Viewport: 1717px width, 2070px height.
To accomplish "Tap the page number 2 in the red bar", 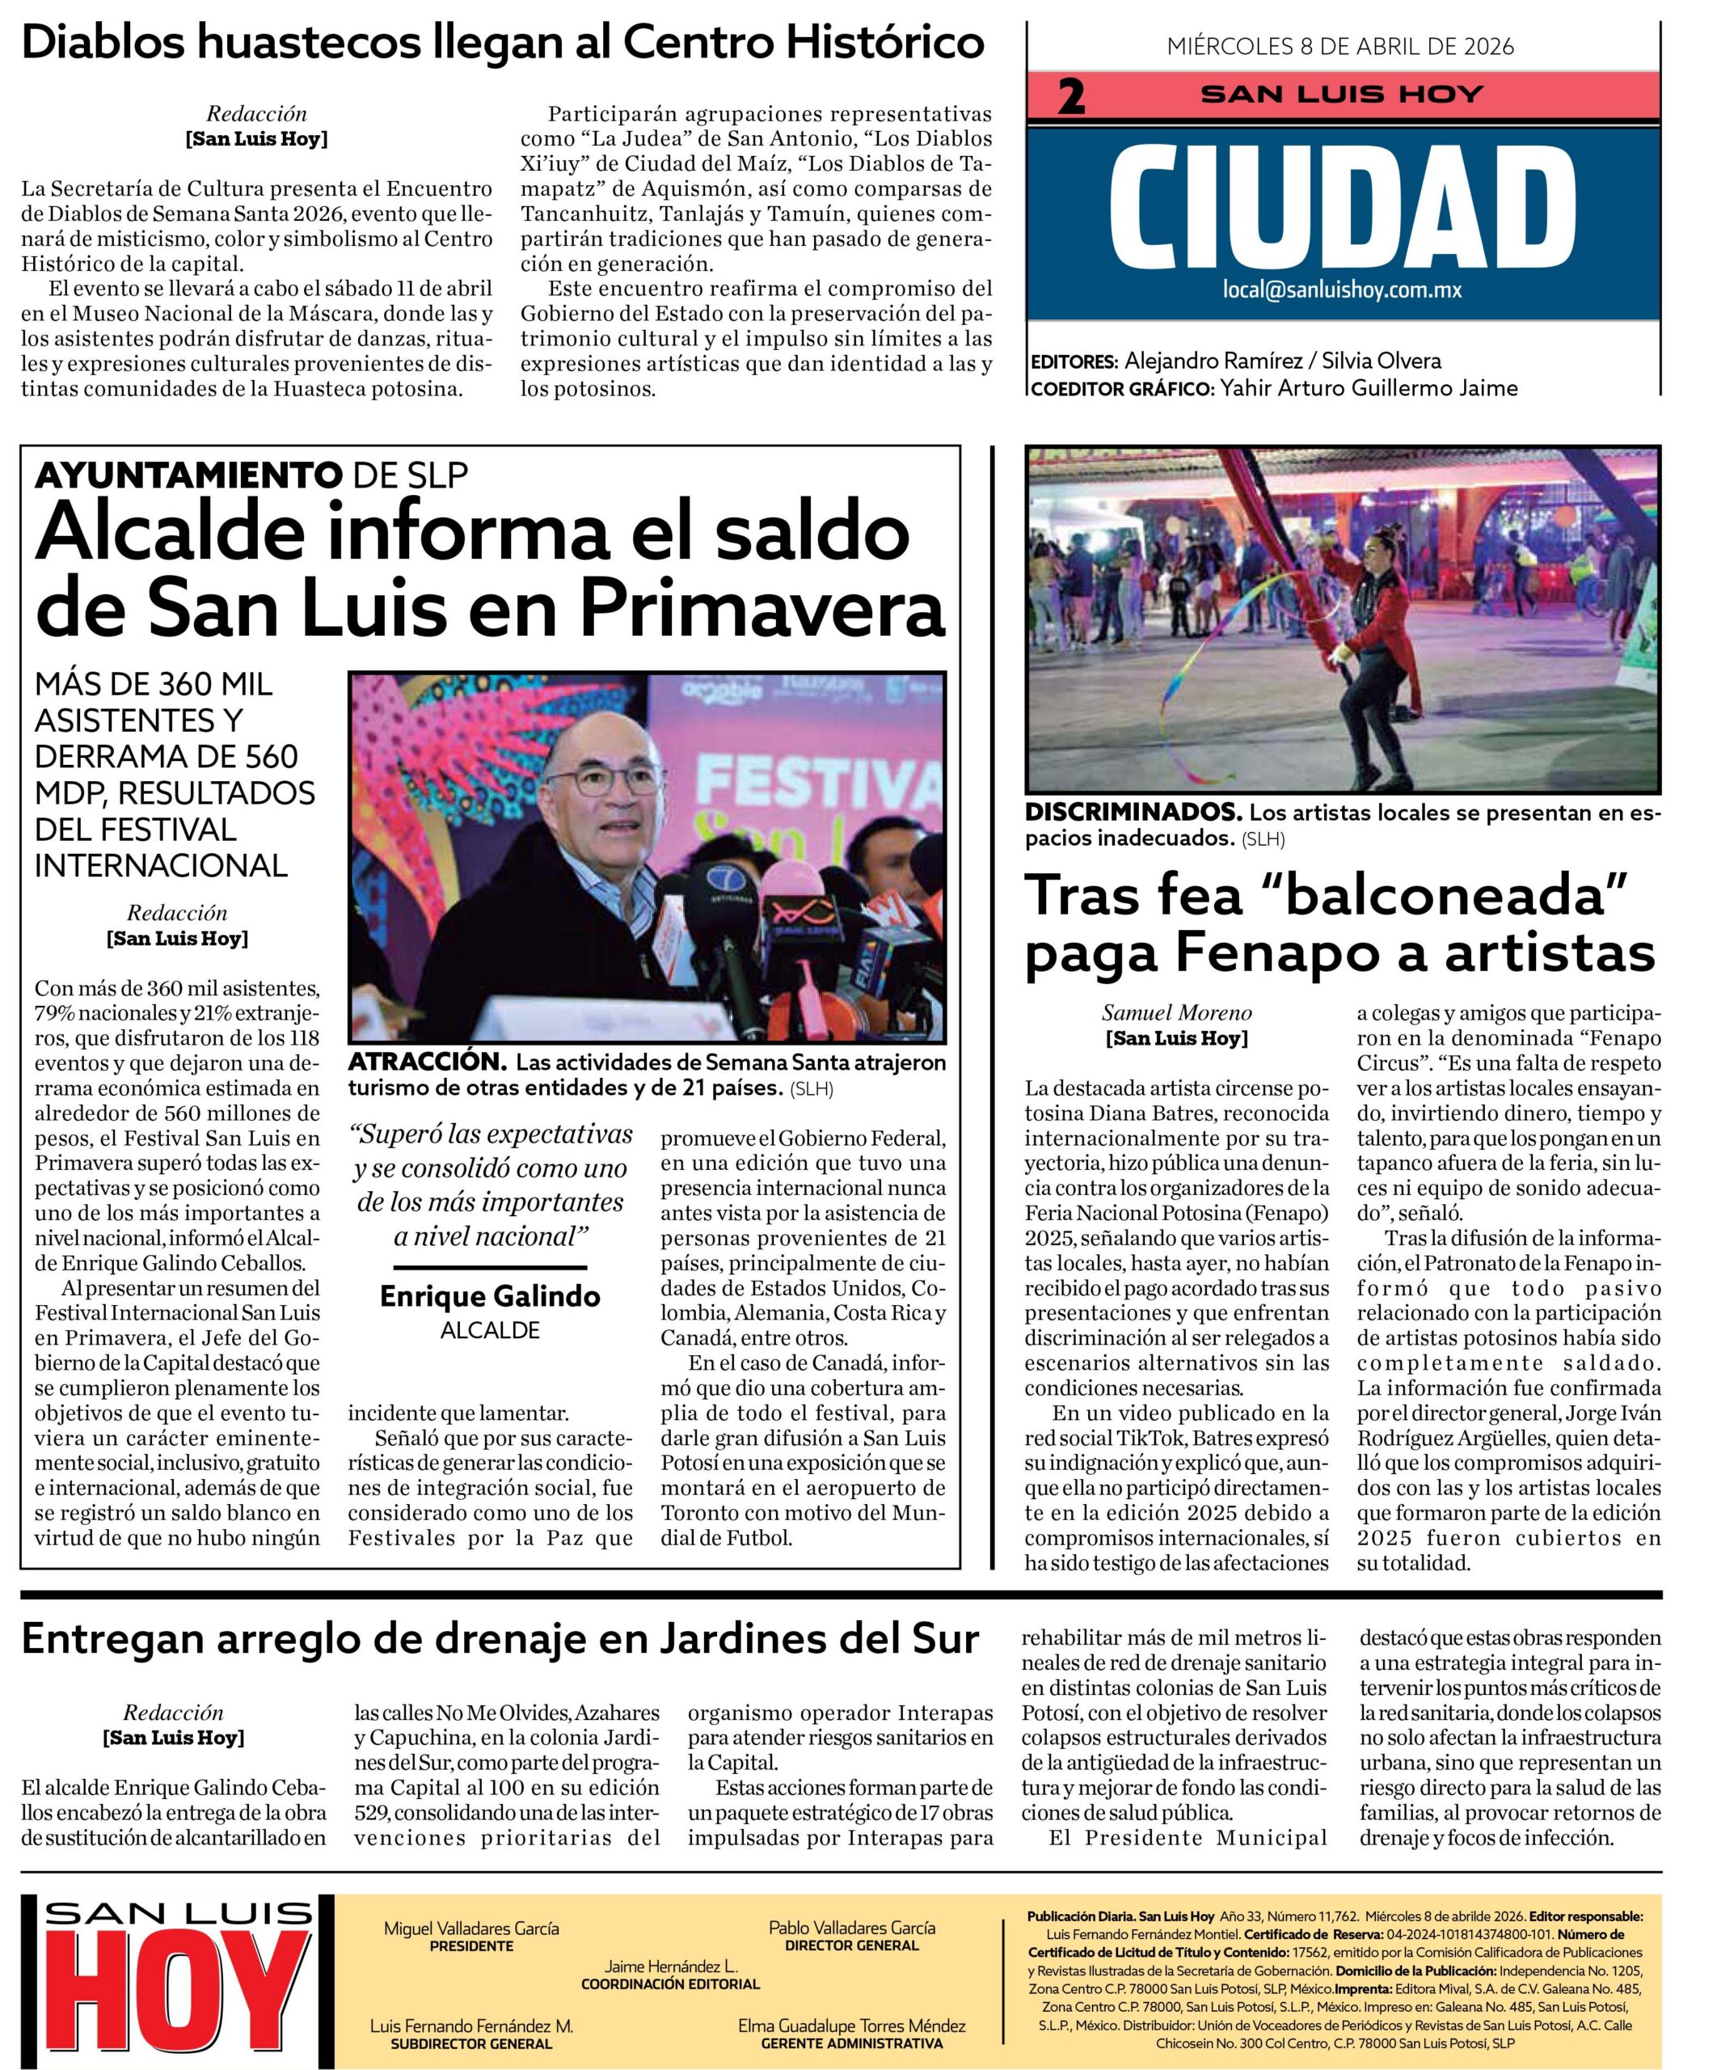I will click(1070, 96).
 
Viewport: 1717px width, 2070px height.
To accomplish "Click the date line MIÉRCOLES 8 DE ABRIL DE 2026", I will click(1339, 46).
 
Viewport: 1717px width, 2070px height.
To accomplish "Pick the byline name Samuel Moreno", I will click(1176, 1012).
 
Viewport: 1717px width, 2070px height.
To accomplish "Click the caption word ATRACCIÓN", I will click(428, 1062).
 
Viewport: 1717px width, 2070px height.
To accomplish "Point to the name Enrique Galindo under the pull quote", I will click(490, 1295).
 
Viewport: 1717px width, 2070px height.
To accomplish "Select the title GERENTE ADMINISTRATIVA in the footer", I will click(851, 2043).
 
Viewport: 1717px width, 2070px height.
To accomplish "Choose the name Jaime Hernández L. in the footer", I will click(670, 1965).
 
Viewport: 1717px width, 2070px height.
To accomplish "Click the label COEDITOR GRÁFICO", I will click(1120, 388).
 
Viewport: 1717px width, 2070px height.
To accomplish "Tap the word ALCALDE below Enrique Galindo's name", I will click(490, 1329).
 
